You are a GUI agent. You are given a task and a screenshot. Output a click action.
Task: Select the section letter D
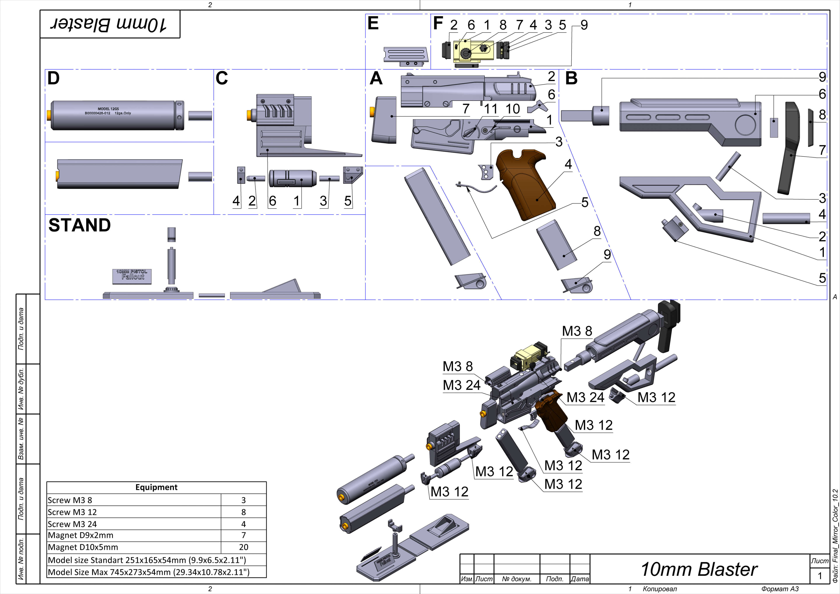click(53, 78)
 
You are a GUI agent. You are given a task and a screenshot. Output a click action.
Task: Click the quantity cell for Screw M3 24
click(243, 524)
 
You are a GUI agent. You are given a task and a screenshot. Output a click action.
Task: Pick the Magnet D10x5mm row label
click(83, 547)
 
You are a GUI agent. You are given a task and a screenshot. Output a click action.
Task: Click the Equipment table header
click(156, 487)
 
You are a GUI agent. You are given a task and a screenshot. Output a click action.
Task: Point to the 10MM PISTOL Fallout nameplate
click(132, 276)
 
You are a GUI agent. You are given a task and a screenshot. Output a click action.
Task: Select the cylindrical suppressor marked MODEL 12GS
click(116, 115)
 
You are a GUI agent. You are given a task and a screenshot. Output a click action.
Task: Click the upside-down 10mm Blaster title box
click(110, 24)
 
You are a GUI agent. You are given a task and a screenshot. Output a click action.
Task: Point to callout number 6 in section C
click(272, 201)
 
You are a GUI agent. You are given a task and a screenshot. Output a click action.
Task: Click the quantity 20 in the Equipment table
click(243, 547)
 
